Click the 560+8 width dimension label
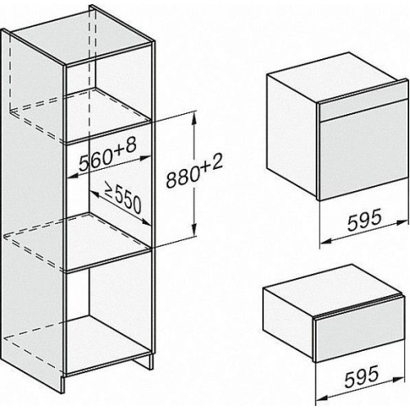(107, 154)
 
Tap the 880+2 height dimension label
(194, 171)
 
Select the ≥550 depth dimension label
(123, 197)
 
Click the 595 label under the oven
(364, 220)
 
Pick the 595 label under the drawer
(362, 376)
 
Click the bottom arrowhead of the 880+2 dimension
(194, 229)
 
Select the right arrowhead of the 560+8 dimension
(144, 157)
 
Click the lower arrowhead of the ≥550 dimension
(145, 222)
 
